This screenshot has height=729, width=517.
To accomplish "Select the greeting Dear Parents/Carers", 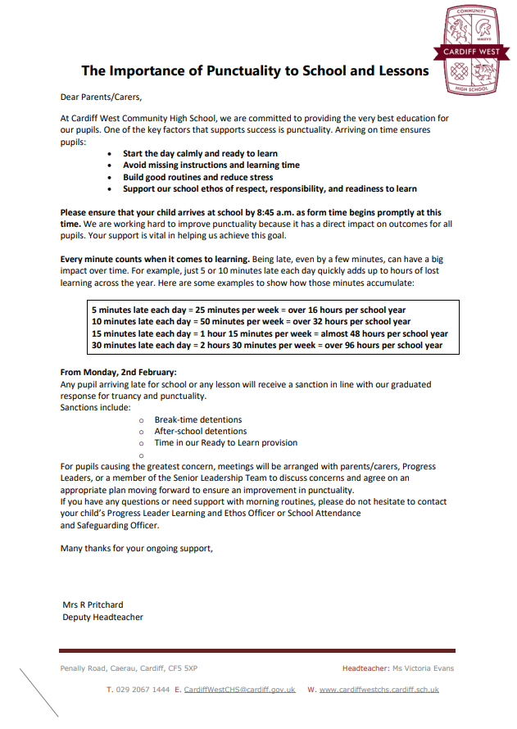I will coord(101,97).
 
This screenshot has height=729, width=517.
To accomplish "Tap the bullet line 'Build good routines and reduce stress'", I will coord(198,177).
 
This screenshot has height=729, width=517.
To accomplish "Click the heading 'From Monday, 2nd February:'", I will coord(119,373).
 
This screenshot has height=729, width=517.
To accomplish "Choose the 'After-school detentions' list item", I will coord(201,431).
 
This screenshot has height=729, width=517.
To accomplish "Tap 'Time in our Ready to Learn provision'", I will coord(226,442).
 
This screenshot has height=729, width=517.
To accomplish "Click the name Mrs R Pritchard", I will coord(93,605).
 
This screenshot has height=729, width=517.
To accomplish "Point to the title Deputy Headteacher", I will coord(102,617).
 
